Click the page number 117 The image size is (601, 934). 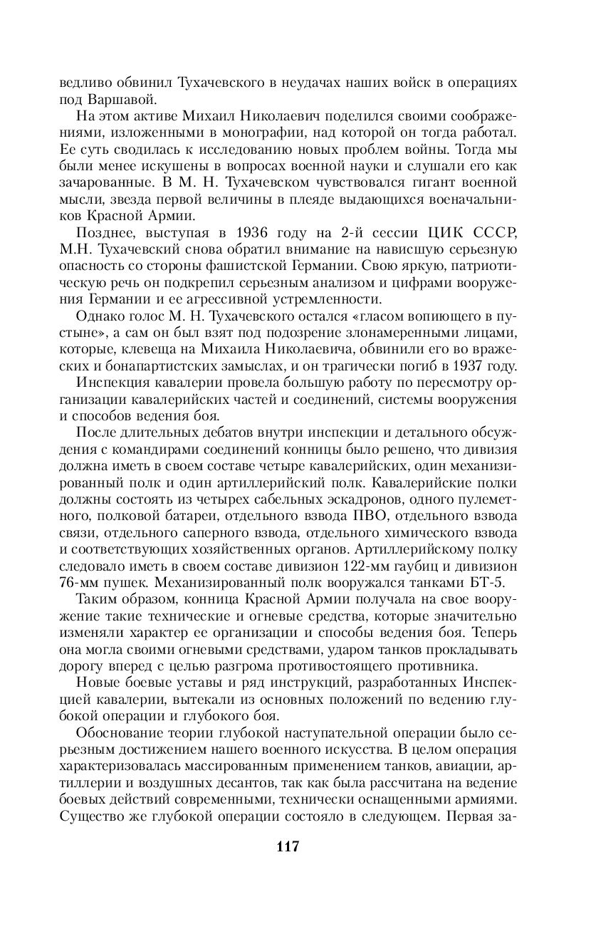click(286, 847)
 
